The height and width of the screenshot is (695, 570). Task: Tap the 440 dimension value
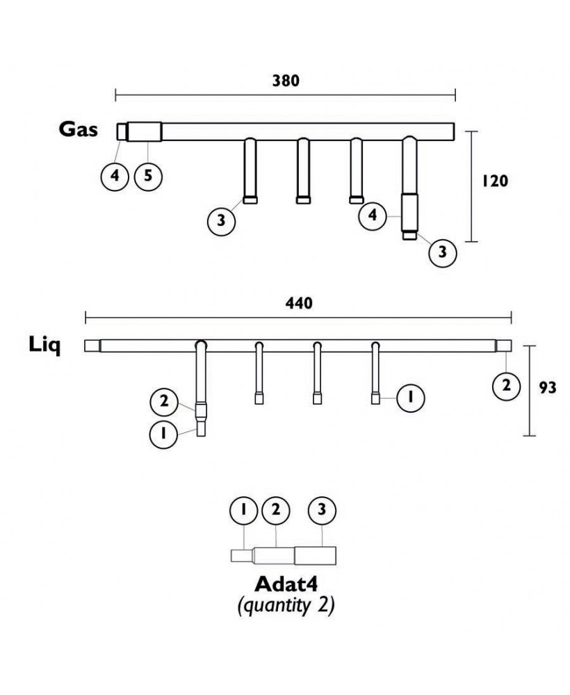pyautogui.click(x=299, y=303)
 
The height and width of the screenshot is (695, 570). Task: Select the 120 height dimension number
pyautogui.click(x=496, y=181)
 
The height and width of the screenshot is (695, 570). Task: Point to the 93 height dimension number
pyautogui.click(x=547, y=388)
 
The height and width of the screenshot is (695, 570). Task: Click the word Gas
pyautogui.click(x=78, y=129)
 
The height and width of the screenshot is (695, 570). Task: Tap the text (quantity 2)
pyautogui.click(x=286, y=605)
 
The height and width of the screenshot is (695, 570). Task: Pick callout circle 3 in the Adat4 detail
pyautogui.click(x=322, y=509)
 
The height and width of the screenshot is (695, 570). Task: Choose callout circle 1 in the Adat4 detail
pyautogui.click(x=243, y=509)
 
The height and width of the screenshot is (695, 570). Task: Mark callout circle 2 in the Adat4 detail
pyautogui.click(x=276, y=509)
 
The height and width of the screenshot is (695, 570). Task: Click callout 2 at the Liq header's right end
pyautogui.click(x=506, y=386)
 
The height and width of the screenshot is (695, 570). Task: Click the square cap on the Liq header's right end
pyautogui.click(x=505, y=345)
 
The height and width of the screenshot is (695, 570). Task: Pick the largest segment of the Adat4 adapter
pyautogui.click(x=316, y=555)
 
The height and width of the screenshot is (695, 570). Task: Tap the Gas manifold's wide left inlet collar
pyautogui.click(x=146, y=131)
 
